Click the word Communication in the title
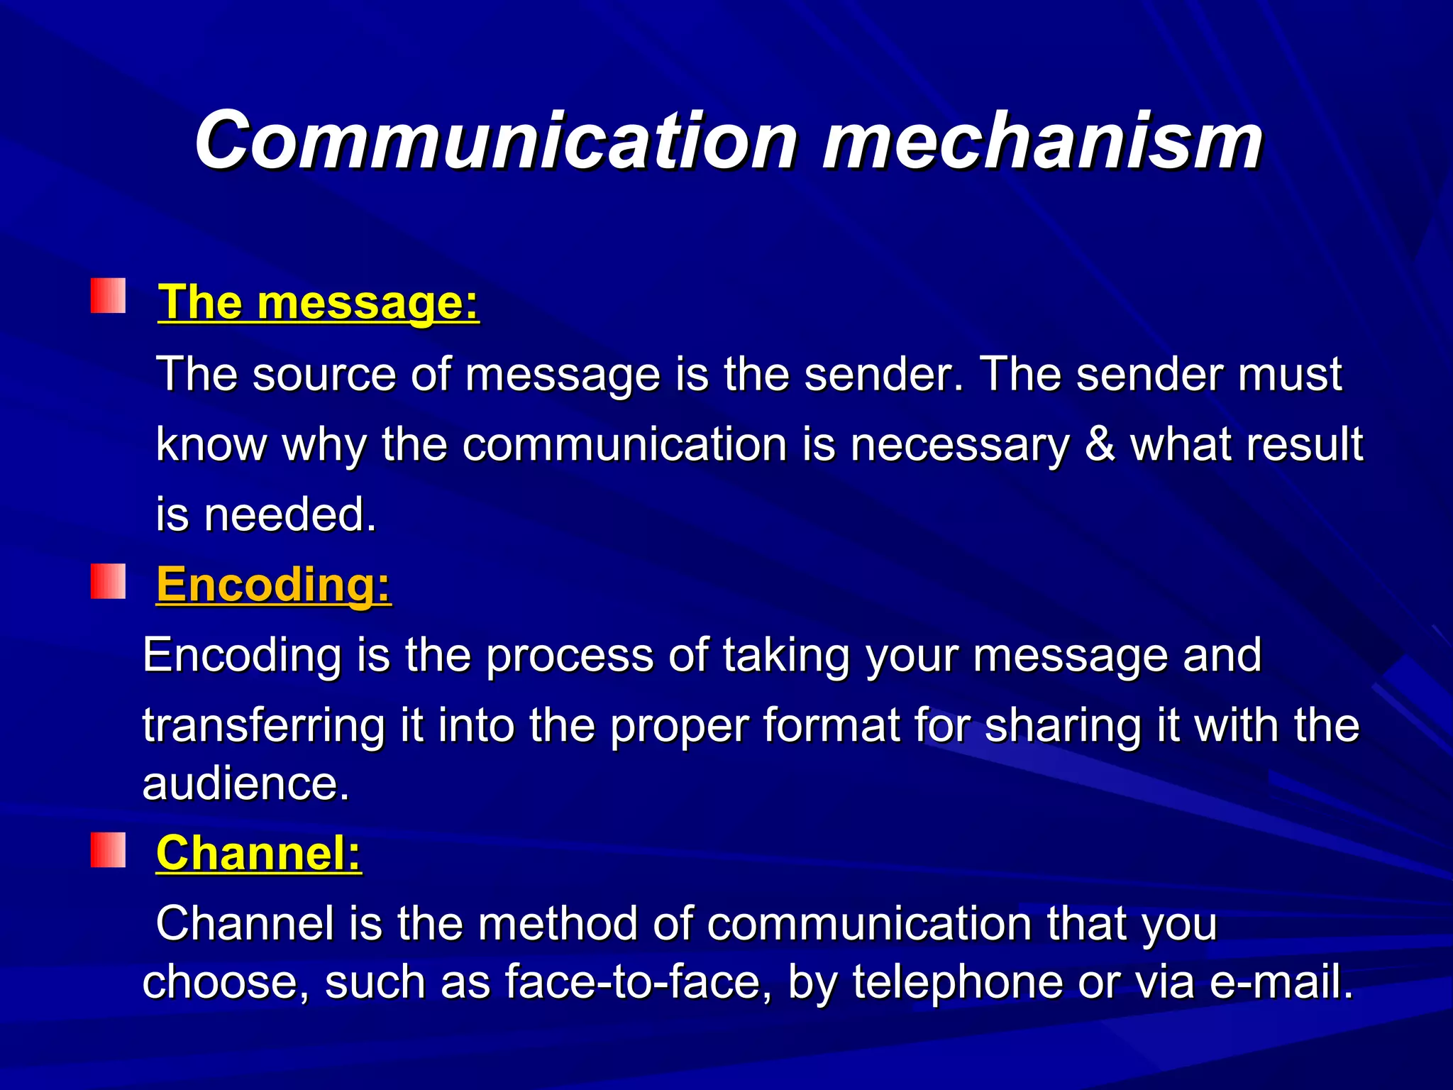(x=496, y=142)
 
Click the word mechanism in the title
(x=1042, y=142)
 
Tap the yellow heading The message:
(x=319, y=302)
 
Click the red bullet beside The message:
(x=108, y=296)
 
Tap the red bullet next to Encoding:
(x=108, y=581)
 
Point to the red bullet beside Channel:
(x=108, y=850)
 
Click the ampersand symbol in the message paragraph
(x=1100, y=445)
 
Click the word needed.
(x=289, y=514)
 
